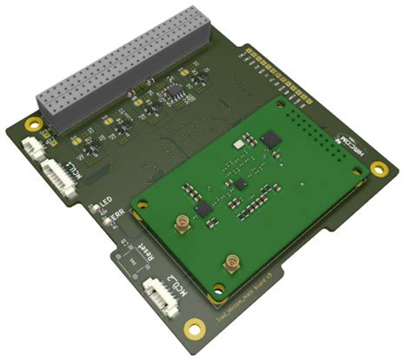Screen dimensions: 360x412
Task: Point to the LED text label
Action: (105, 203)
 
